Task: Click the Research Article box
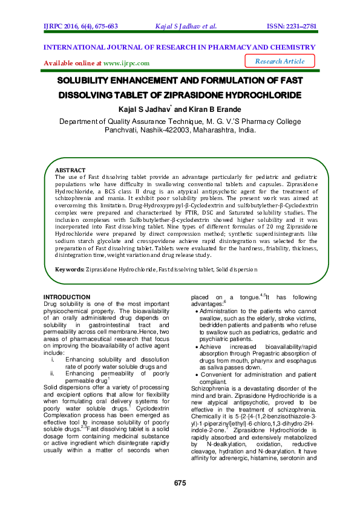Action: pos(280,61)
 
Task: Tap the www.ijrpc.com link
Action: pos(126,63)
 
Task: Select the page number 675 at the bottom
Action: pos(180,482)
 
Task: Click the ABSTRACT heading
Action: pos(70,171)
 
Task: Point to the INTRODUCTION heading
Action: pos(67,297)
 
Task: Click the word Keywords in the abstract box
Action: pos(69,269)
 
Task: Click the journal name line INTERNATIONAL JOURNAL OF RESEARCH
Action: pos(179,47)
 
